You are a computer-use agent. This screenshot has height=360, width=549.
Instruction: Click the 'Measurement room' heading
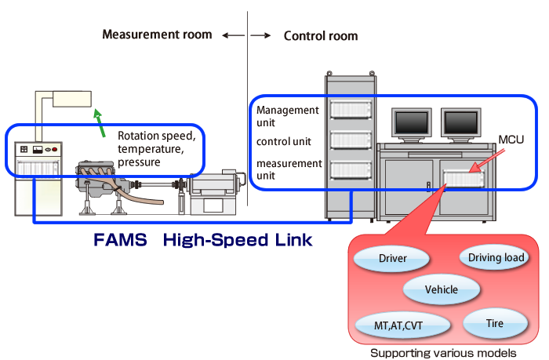[157, 35]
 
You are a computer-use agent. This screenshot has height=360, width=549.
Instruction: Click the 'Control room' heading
[320, 35]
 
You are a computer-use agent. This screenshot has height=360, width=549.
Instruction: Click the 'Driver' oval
[393, 258]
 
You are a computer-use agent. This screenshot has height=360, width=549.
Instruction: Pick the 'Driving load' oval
[496, 257]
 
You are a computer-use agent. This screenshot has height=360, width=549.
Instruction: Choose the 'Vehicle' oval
[441, 289]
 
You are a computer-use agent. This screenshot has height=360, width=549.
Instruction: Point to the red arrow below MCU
[486, 160]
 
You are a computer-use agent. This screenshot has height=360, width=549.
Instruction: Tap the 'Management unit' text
[288, 117]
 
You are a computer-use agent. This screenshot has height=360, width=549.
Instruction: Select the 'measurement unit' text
[289, 169]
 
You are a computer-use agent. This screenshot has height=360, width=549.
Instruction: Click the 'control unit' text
[284, 142]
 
